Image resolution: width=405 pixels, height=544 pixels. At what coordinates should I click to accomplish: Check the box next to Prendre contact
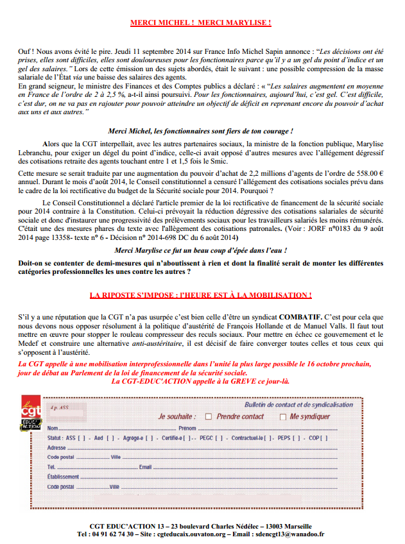click(208, 416)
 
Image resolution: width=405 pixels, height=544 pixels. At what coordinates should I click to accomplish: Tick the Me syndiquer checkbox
click(283, 416)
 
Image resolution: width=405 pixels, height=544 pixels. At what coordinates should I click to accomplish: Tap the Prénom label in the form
click(187, 428)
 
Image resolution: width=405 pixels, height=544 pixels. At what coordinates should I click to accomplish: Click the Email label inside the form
click(146, 466)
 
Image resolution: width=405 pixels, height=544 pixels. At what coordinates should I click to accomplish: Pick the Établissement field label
click(63, 477)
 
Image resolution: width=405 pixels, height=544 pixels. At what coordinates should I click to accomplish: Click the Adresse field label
click(56, 447)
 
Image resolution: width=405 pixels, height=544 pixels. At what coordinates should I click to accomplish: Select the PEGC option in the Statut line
click(205, 438)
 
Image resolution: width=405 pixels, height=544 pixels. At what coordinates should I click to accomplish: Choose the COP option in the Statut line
click(314, 438)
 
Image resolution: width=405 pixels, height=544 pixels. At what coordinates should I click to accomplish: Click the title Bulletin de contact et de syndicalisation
click(298, 405)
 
